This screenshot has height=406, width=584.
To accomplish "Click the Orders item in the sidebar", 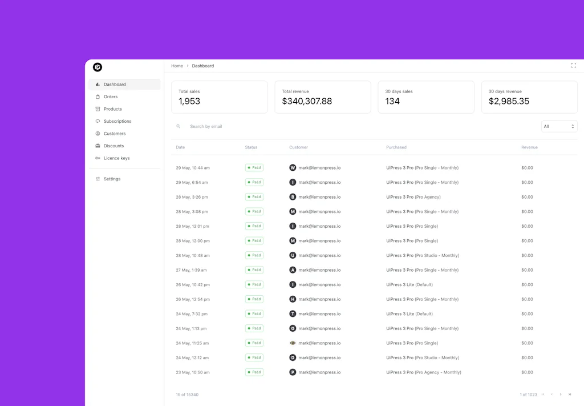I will tap(111, 97).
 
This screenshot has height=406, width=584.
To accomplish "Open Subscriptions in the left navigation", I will tap(117, 121).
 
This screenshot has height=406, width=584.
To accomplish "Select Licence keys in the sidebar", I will tap(116, 158).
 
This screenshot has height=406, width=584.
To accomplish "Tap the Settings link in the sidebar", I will tap(112, 179).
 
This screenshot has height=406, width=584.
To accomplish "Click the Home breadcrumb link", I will tap(177, 66).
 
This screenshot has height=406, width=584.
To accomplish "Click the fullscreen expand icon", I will tap(573, 66).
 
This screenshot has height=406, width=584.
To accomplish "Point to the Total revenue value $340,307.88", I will tap(307, 101).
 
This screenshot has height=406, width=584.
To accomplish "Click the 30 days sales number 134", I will tap(392, 101).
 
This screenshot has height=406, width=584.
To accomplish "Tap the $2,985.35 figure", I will tap(509, 101).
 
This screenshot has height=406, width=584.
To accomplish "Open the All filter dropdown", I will tap(559, 126).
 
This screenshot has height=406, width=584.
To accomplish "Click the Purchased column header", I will tap(396, 147).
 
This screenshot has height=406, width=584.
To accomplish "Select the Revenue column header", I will tap(529, 147).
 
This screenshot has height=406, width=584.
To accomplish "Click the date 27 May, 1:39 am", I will tap(191, 270).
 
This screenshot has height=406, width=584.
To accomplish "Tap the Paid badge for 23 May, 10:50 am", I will tap(254, 372).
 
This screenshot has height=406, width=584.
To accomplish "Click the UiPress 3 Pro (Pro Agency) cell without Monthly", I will tap(413, 197).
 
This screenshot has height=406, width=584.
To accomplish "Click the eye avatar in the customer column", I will tap(293, 343).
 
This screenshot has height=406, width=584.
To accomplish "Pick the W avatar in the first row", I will tap(293, 168).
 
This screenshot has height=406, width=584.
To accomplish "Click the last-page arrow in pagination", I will tap(570, 395).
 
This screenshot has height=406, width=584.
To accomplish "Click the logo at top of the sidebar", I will tap(98, 67).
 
